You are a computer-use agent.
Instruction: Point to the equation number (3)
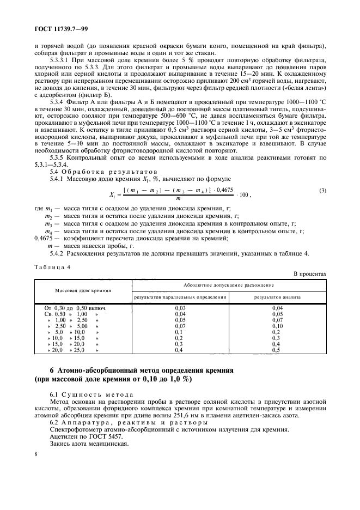click(322, 190)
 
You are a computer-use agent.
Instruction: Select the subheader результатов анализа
click(278, 297)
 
